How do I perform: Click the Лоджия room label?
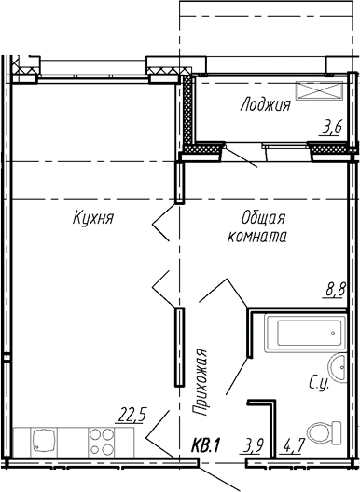tap(264, 105)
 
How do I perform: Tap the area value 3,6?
tap(331, 128)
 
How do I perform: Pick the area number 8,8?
tap(335, 290)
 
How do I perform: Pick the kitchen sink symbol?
tap(43, 439)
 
